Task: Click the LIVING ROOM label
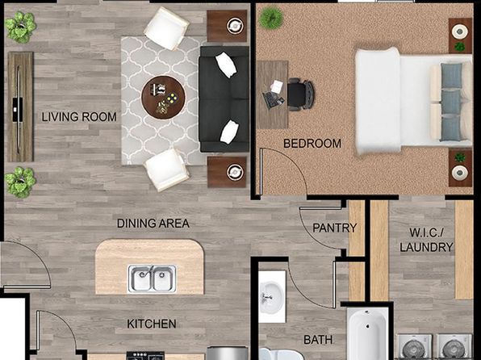coord(79,117)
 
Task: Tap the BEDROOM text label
coord(312,144)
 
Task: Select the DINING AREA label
coord(153,224)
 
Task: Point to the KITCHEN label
coord(152,324)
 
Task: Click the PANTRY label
coord(335,228)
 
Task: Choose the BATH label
coord(318,340)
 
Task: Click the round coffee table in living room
coord(163,98)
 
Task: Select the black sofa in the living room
coord(224,98)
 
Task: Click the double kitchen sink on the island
coord(153,278)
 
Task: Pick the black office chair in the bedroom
coord(300,94)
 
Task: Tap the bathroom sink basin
coord(271,296)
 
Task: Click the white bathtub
coord(367,334)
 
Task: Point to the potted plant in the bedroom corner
coord(271,18)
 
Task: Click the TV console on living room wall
coord(20,107)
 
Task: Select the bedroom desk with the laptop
coord(273,94)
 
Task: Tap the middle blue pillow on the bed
coord(451,102)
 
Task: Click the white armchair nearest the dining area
coord(166,170)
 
